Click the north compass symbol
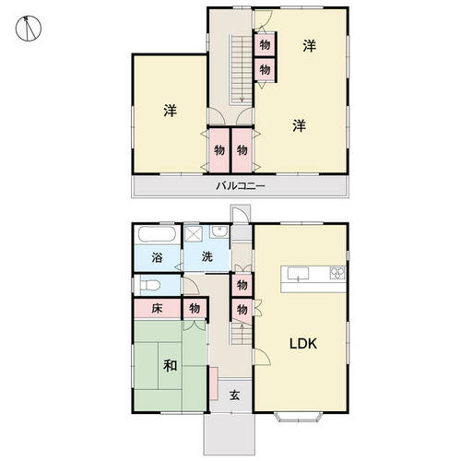click(29, 29)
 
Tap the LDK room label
click(303, 344)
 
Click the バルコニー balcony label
click(240, 186)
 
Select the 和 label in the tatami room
click(171, 366)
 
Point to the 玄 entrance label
click(235, 396)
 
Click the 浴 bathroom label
click(157, 257)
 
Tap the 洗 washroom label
click(207, 256)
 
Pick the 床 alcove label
click(157, 308)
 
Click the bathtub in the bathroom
click(157, 234)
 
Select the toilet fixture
click(149, 285)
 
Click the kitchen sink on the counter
click(298, 274)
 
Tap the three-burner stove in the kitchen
click(337, 273)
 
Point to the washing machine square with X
click(194, 234)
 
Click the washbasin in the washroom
click(219, 231)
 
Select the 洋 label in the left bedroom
click(171, 111)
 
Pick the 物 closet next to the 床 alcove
click(195, 308)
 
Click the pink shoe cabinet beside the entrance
click(214, 384)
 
